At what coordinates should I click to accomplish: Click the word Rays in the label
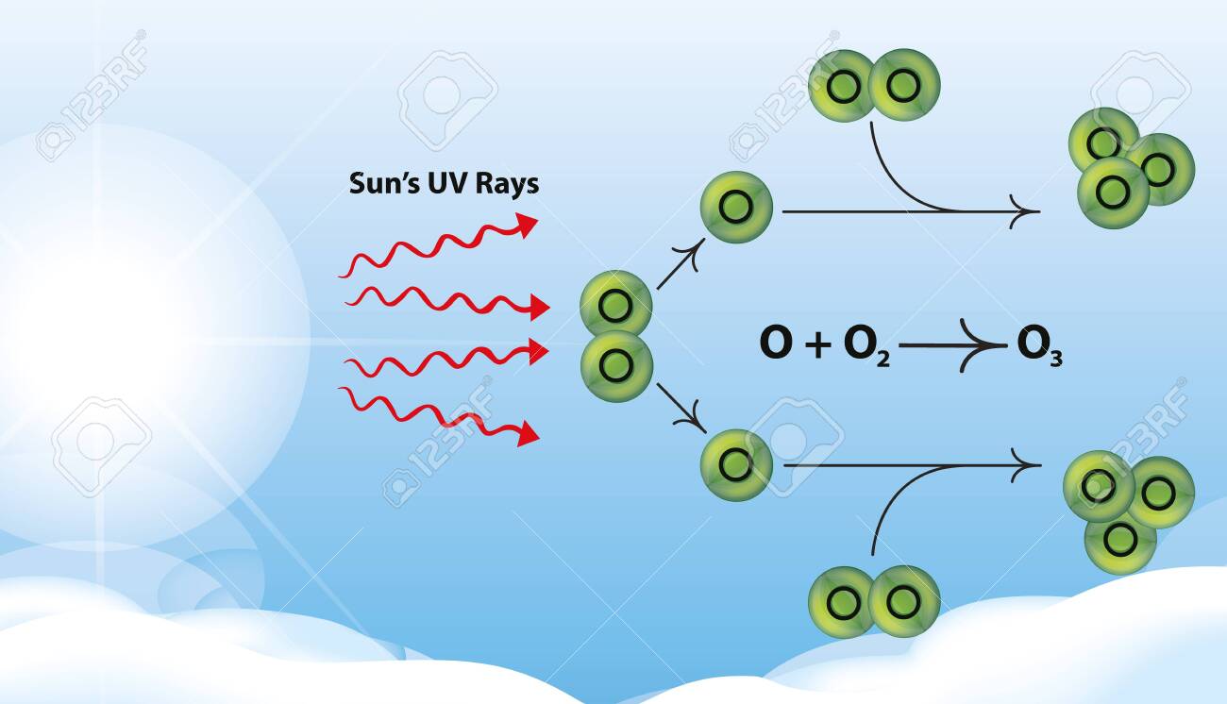click(x=507, y=185)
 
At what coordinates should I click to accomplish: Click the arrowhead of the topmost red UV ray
click(x=527, y=225)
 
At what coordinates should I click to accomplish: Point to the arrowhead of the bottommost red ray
click(x=528, y=433)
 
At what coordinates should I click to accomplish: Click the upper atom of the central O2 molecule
click(x=615, y=305)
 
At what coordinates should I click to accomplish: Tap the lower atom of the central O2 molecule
click(x=616, y=366)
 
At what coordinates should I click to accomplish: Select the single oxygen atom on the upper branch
click(x=737, y=207)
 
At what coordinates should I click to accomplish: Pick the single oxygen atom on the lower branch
click(x=737, y=464)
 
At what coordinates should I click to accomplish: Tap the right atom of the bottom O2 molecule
click(x=904, y=601)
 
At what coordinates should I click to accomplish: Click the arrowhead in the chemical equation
click(x=983, y=345)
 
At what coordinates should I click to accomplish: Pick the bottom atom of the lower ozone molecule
click(x=1120, y=540)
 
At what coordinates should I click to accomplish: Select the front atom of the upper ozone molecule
click(x=1113, y=193)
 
